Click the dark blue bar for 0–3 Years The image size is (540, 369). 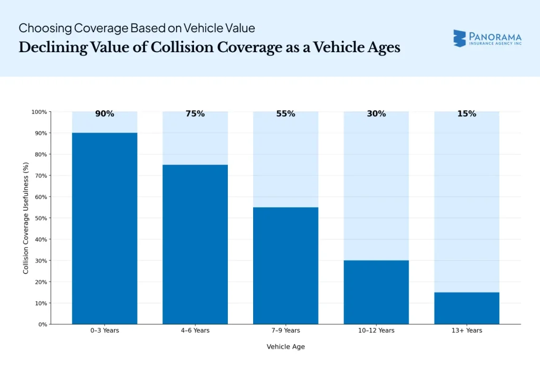[x=104, y=228]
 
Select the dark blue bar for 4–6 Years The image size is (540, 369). [x=195, y=244]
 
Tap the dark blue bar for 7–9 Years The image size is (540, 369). [x=286, y=265]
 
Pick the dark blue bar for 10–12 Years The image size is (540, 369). [x=376, y=292]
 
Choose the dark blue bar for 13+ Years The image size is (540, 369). [x=467, y=308]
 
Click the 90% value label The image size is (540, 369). [x=104, y=114]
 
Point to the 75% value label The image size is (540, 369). [x=195, y=114]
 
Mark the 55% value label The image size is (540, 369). [x=286, y=114]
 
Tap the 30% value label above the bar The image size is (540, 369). [x=376, y=114]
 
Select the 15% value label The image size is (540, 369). [x=467, y=114]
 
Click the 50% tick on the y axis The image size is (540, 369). [x=40, y=218]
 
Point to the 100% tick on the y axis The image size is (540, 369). [x=38, y=112]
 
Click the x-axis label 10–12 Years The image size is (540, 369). [x=376, y=331]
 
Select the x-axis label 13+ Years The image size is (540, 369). [x=467, y=331]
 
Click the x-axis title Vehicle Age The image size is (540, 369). [x=286, y=347]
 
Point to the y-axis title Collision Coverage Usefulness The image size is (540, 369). [x=26, y=218]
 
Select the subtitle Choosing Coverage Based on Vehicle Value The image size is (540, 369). [x=137, y=27]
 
